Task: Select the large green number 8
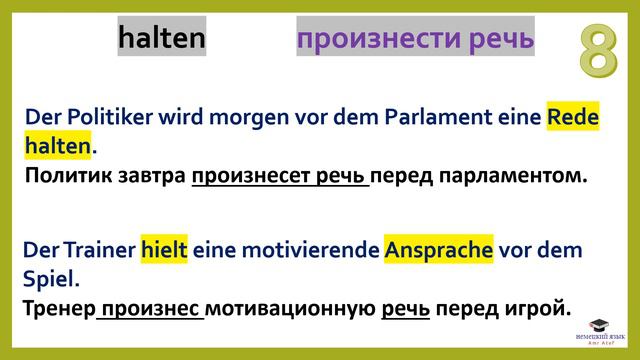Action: point(597,53)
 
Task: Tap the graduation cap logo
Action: point(597,326)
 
